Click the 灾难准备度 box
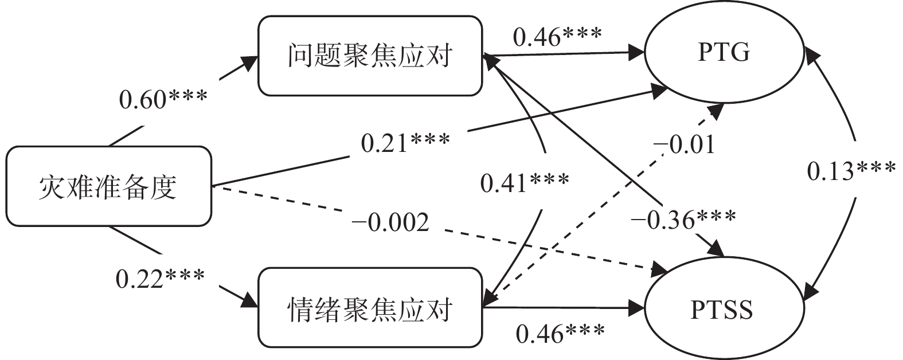pos(108,186)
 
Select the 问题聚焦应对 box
pos(370,56)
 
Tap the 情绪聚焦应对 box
pos(370,308)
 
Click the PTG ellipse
pos(724,53)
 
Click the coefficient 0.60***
pos(163,99)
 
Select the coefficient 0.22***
pos(160,279)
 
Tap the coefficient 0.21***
pos(405,143)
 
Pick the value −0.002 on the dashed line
pos(390,222)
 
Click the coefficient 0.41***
pos(525,183)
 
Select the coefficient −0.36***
pos(682,218)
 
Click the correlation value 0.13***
pos(851,171)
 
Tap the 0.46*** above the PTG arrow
pos(557,37)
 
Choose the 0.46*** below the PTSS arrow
pos(560,333)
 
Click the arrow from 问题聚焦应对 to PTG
pos(562,54)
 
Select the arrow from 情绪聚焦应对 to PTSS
pos(562,308)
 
